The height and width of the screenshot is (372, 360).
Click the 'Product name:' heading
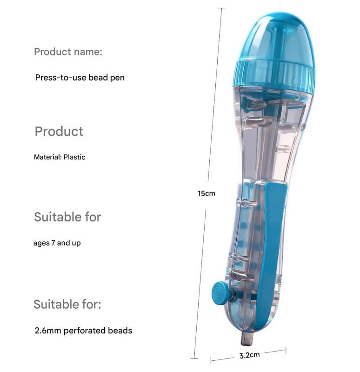coord(68,52)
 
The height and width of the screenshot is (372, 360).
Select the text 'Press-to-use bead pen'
coord(80,78)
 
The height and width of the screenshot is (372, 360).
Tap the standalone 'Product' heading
coord(59,131)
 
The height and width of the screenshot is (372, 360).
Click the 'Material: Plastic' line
coord(60,157)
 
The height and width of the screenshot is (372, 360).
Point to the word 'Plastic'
coord(74,157)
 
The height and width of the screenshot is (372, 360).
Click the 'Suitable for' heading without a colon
coord(67,217)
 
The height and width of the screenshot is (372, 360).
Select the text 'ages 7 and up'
coord(57,243)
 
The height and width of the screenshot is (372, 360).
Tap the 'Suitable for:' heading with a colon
coord(67,304)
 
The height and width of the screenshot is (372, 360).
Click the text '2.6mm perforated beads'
coord(84,331)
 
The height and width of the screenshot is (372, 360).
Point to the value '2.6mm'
coord(48,331)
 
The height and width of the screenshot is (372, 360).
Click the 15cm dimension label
coord(207,193)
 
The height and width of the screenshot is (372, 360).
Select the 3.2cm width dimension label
coord(249,355)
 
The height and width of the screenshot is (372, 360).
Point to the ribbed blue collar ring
coord(274,75)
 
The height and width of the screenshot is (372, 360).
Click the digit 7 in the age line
coord(53,243)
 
